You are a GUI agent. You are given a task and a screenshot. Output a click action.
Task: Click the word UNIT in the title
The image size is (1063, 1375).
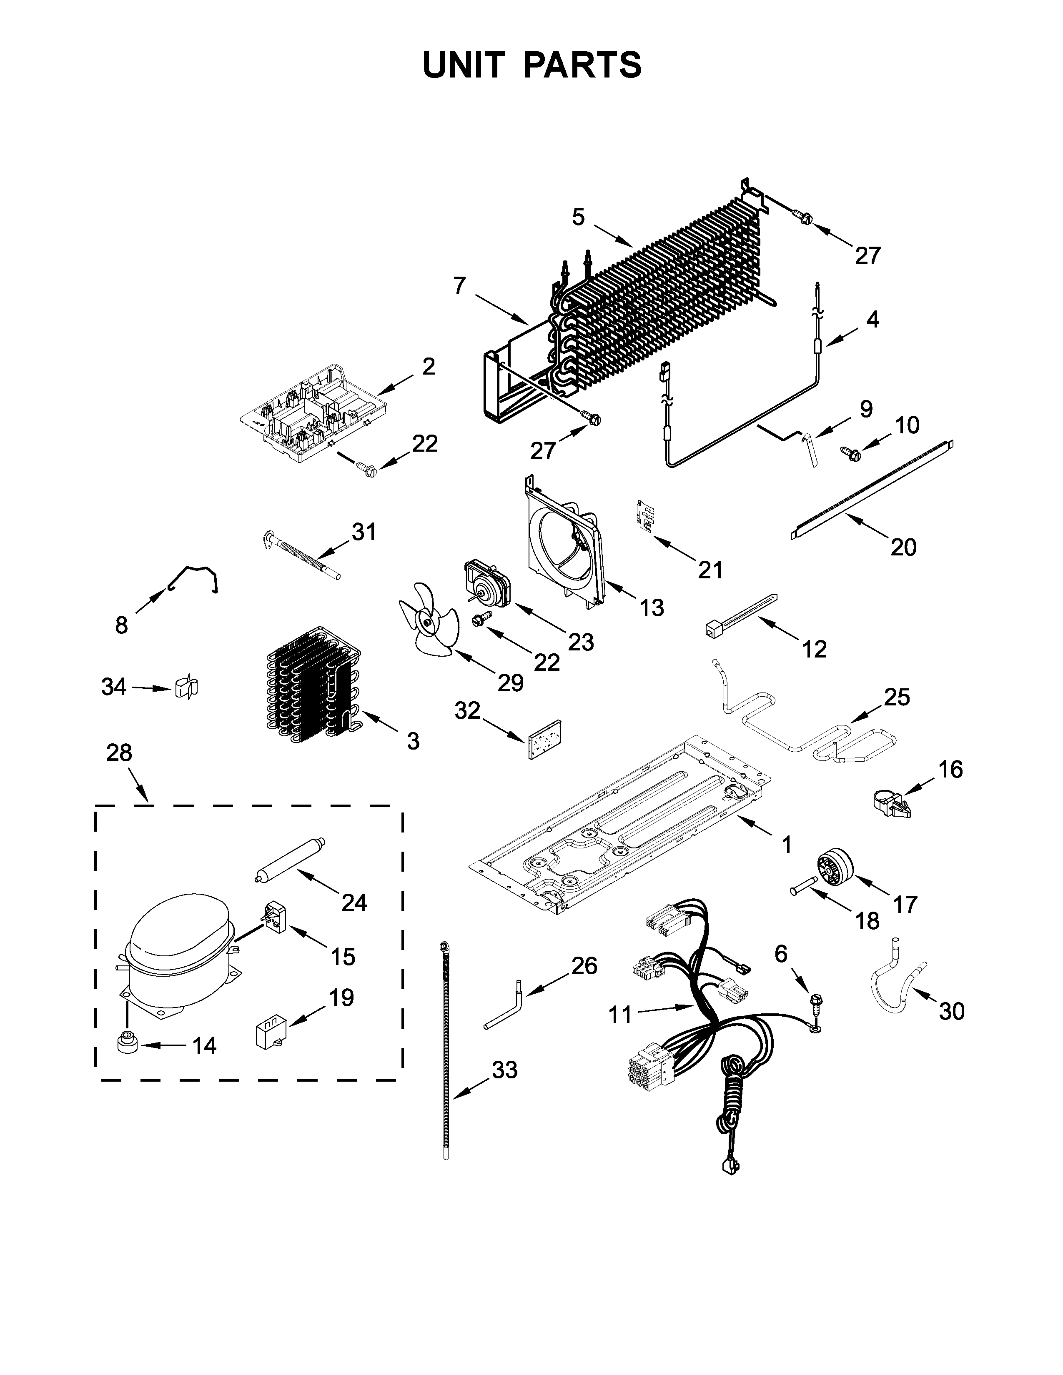click(x=464, y=65)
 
